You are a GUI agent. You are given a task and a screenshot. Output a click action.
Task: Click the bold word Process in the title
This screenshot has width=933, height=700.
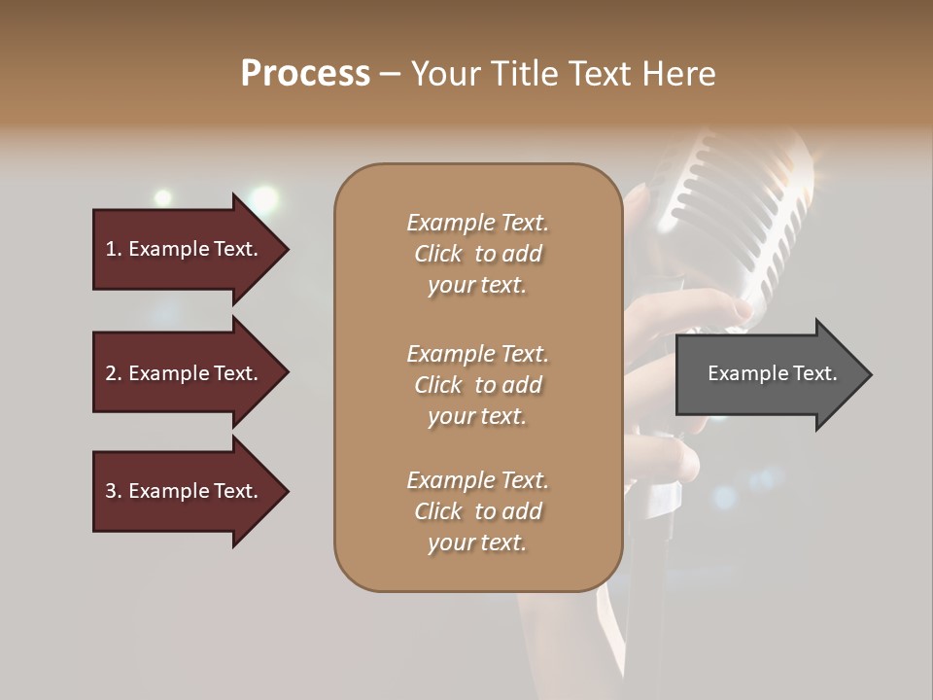click(x=305, y=74)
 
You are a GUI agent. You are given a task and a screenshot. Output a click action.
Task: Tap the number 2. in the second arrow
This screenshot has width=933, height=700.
click(x=114, y=373)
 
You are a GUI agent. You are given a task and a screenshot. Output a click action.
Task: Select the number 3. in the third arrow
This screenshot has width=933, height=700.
click(x=114, y=491)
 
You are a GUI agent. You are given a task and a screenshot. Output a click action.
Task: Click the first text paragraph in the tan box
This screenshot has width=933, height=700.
click(x=477, y=254)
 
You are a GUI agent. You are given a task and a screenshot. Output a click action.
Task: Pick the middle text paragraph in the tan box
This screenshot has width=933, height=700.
click(x=477, y=385)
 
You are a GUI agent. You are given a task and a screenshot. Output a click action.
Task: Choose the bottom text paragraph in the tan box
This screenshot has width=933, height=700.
click(x=477, y=511)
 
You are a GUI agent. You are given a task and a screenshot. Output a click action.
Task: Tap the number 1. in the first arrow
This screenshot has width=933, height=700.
click(x=114, y=249)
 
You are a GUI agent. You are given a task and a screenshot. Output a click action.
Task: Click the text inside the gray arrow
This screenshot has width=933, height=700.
click(x=772, y=373)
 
